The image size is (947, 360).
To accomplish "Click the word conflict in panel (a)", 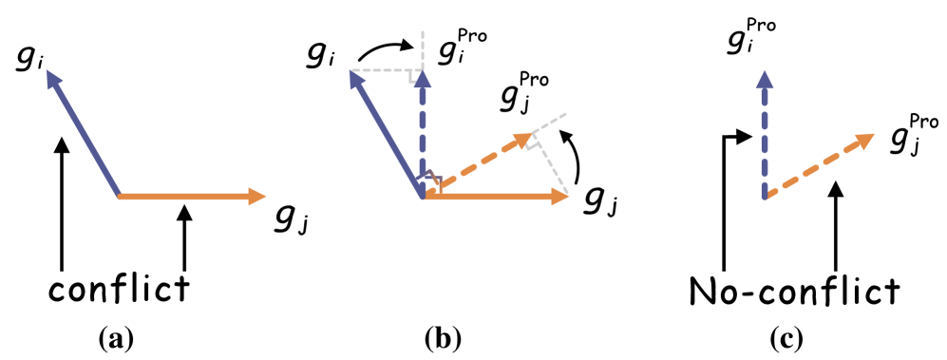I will [122, 289].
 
